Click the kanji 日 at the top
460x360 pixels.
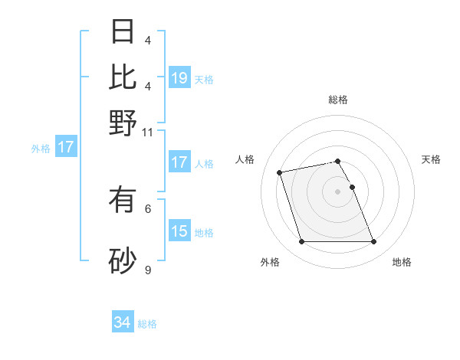[123, 31]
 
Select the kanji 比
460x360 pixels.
[123, 77]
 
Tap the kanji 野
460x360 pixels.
[123, 123]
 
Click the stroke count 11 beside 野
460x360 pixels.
[148, 132]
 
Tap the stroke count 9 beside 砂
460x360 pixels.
[148, 270]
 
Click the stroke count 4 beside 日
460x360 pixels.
[148, 40]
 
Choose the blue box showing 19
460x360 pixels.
[179, 78]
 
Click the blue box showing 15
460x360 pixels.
[179, 231]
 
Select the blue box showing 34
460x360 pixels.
[123, 322]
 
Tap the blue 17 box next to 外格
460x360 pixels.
[65, 147]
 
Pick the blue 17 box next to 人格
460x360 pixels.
[179, 162]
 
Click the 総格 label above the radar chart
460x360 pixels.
[338, 100]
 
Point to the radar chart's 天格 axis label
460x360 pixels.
[431, 159]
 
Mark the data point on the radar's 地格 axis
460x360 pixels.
[373, 242]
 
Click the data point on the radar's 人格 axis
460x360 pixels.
[280, 172]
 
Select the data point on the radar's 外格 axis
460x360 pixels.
[301, 242]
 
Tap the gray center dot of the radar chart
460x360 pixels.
[337, 191]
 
